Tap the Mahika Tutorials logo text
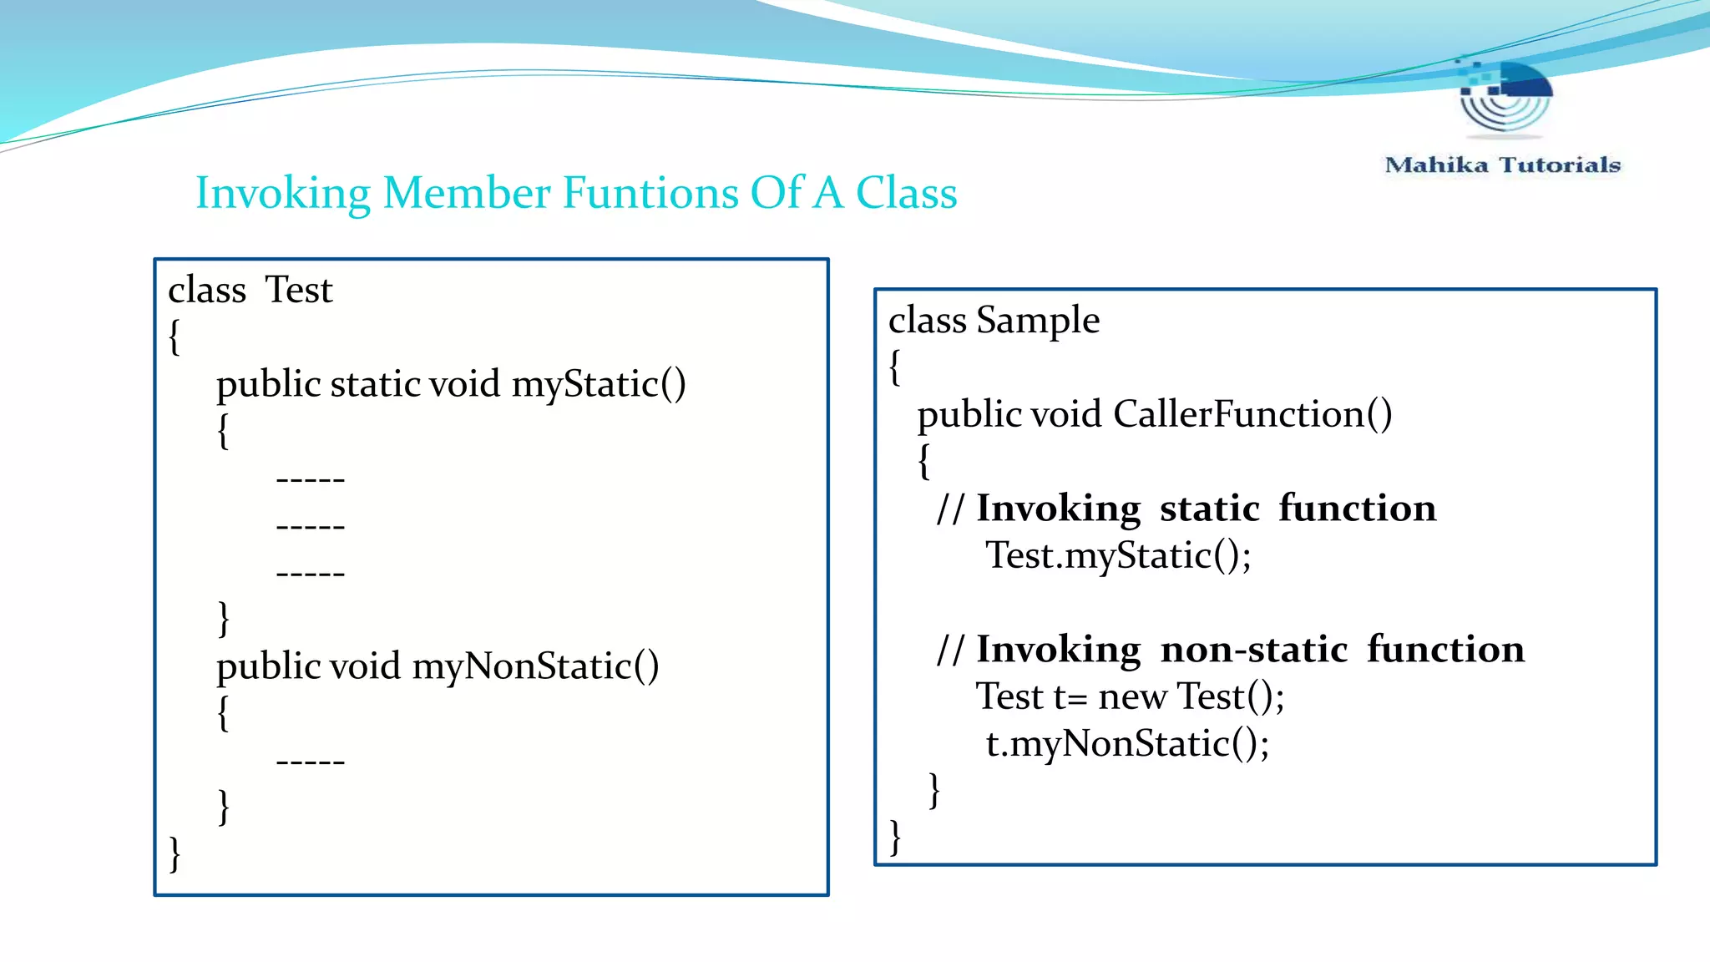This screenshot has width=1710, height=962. coord(1502,165)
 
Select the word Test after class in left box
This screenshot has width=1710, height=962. coord(298,291)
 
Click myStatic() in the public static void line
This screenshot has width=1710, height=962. coord(599,384)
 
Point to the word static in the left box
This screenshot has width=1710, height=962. coord(376,384)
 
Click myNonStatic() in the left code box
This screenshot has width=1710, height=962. coord(535,666)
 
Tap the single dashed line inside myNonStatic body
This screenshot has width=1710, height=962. coord(310,762)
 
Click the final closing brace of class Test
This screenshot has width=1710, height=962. coord(175,853)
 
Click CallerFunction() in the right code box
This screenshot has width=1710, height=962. coord(1252,414)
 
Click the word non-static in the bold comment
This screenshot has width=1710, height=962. coord(1254,650)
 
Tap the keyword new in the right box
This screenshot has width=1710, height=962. coord(1132,696)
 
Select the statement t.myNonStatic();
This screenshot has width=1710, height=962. coord(1126,743)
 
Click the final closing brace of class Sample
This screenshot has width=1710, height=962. coord(895,837)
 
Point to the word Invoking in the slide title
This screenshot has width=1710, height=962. coord(283,193)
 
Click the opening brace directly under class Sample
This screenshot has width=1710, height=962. coord(895,367)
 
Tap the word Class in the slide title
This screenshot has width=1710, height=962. coord(906,193)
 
